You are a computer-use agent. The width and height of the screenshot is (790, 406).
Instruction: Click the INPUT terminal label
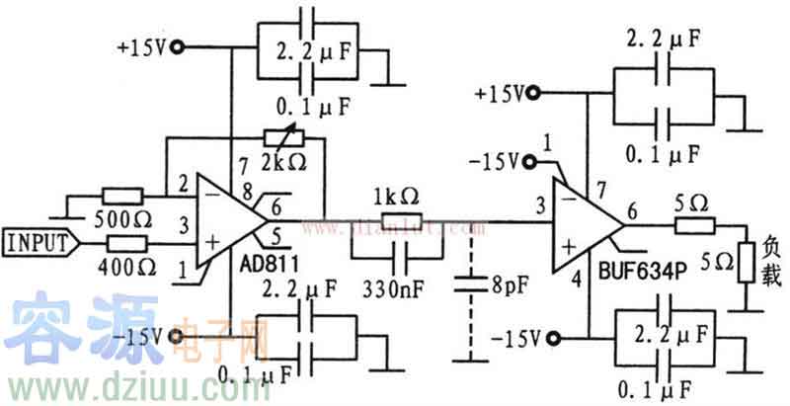[x=37, y=242]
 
